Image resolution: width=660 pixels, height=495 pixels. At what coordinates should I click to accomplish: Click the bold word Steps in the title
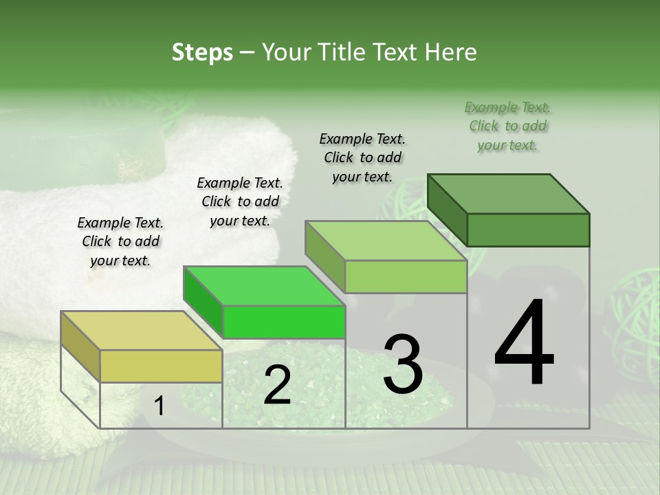coord(202,52)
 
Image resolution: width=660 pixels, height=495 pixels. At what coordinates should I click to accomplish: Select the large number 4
coord(525,343)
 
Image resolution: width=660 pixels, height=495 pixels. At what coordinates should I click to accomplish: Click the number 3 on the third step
coord(403,364)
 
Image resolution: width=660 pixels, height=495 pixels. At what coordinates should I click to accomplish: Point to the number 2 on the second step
coord(277,385)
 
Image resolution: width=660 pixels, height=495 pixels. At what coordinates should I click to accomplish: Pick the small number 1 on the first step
coord(159,406)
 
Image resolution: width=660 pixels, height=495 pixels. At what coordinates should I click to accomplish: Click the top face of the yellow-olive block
coord(142,331)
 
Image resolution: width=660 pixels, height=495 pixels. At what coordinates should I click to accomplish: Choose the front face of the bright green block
coord(284,322)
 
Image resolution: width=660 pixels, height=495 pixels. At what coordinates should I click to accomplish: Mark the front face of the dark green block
coord(528,230)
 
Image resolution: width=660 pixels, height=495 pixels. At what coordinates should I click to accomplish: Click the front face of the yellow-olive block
coord(161,366)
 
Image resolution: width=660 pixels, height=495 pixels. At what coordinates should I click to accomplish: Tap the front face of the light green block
coord(406,277)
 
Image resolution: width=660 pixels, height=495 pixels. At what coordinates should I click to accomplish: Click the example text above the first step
coord(120,241)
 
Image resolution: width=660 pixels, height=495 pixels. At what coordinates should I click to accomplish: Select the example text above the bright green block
coord(240,201)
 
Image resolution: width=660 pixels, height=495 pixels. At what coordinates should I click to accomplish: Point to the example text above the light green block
coord(362,157)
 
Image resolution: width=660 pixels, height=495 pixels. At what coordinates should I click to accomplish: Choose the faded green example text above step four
coord(508,126)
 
